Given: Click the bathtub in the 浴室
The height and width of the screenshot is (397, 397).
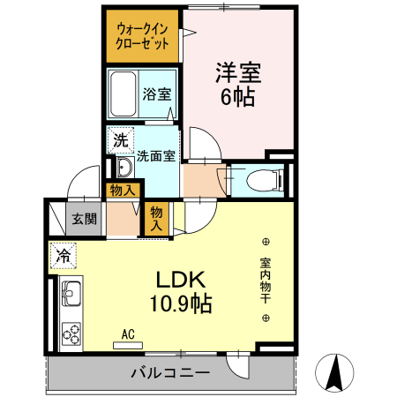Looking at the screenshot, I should (x=124, y=91).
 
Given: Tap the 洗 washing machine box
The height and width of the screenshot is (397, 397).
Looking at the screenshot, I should (x=119, y=139).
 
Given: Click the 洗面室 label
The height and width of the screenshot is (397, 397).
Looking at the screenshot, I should (x=156, y=155).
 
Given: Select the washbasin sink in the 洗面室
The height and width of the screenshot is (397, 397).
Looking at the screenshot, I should (x=122, y=168).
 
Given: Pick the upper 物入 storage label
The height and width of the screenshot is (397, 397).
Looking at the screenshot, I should (x=122, y=190).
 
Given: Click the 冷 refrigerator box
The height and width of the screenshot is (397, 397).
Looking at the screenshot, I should (x=64, y=257).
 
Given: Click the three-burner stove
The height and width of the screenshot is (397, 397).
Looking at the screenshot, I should (x=71, y=334).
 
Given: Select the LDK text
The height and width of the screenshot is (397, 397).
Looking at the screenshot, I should (x=181, y=281).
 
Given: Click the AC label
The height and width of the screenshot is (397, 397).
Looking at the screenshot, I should (x=128, y=334).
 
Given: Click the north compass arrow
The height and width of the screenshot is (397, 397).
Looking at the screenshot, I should (x=335, y=372).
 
